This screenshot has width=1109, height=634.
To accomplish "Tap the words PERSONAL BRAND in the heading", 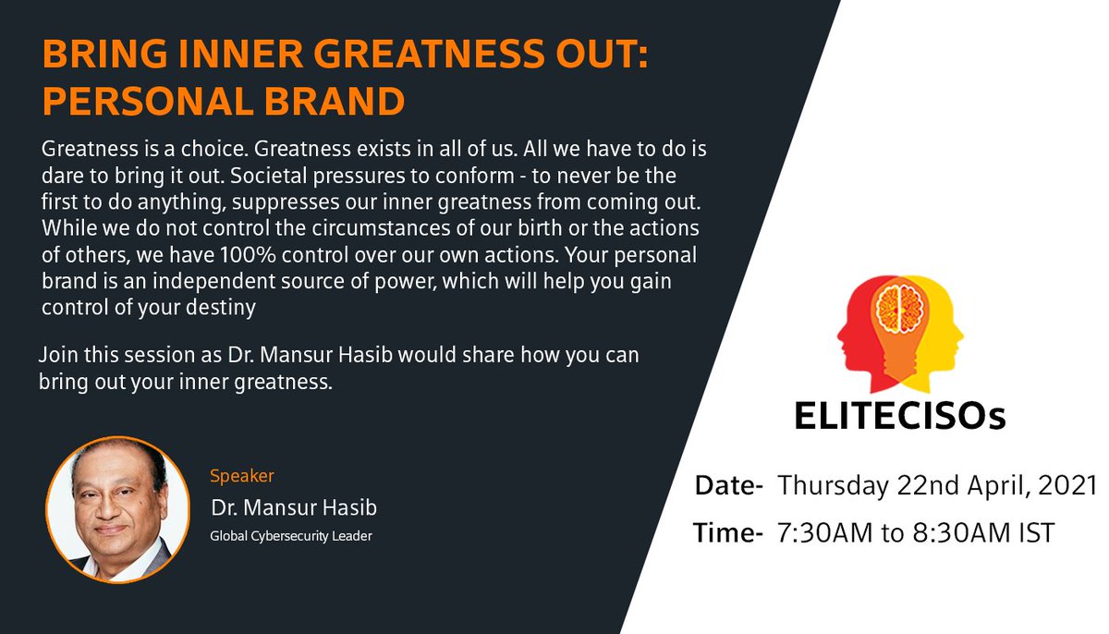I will coord(224,102).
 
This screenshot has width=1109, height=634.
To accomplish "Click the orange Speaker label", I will coord(242,476).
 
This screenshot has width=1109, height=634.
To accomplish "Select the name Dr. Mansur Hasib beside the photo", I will coord(294,508).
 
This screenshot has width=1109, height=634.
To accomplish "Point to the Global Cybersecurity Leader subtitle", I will coord(291,535).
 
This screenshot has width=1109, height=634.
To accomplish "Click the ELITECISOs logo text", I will coord(899,416).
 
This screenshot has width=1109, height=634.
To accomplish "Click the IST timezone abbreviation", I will coord(1034,532).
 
